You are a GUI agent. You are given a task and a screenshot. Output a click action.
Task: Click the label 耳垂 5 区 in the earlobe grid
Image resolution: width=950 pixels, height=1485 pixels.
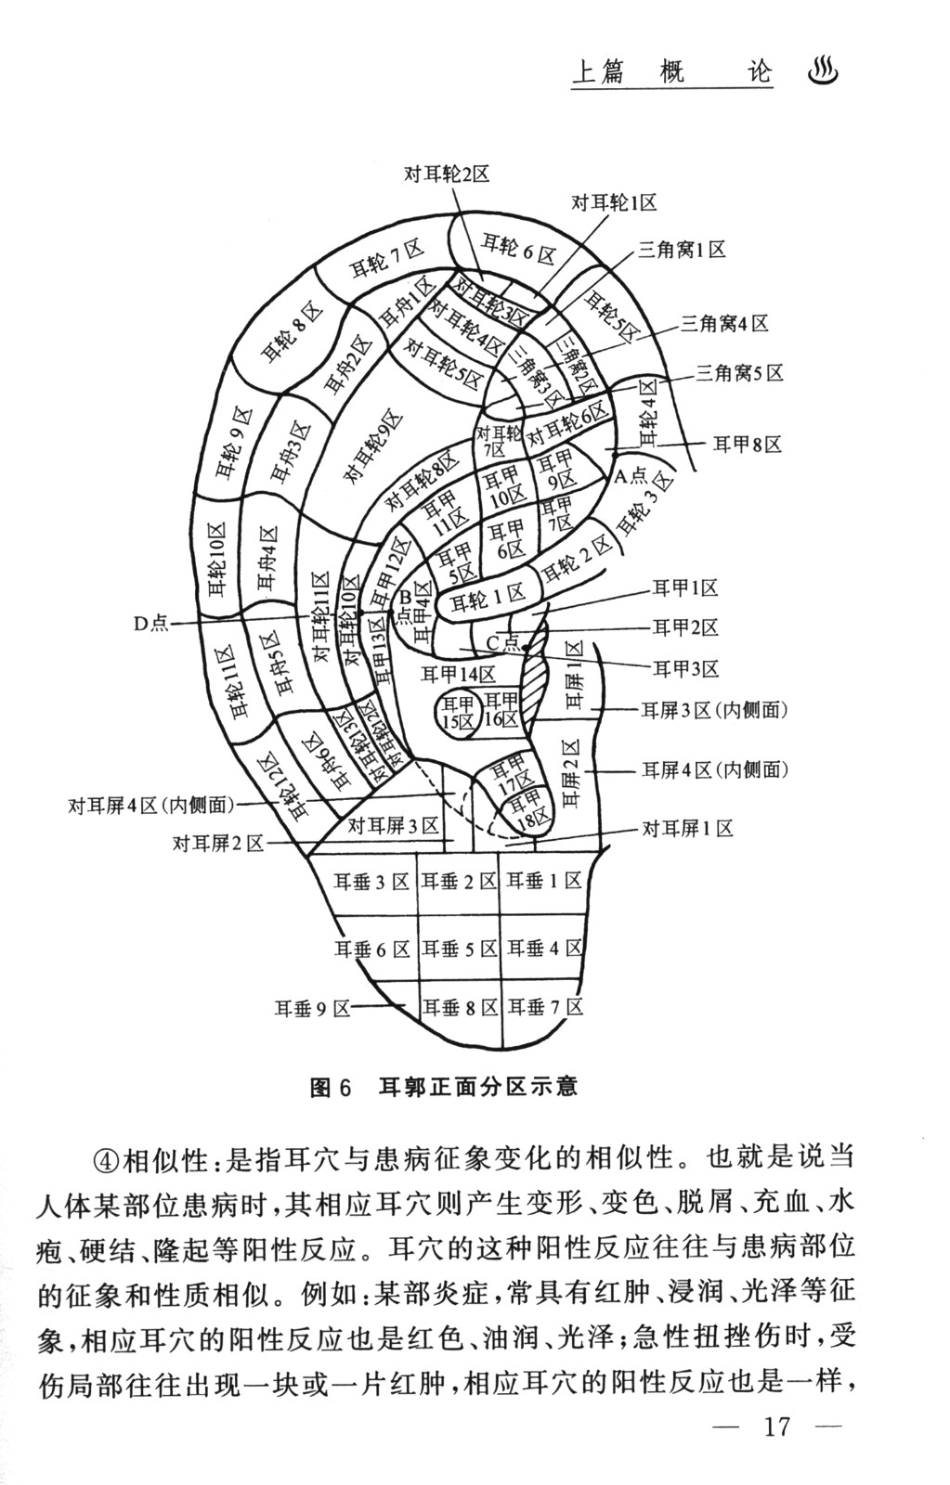click(460, 949)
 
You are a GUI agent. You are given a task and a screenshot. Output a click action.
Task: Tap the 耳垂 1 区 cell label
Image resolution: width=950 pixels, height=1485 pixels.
click(544, 881)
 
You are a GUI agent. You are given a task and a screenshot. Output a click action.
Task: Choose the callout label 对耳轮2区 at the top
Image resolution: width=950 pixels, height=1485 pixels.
click(446, 174)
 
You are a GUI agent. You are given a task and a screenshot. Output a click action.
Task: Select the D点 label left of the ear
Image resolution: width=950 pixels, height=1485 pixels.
click(150, 624)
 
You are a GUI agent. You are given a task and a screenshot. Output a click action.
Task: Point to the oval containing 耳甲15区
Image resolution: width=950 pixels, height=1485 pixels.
click(458, 713)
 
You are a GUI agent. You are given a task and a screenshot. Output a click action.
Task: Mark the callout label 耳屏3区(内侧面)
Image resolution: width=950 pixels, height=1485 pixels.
click(714, 711)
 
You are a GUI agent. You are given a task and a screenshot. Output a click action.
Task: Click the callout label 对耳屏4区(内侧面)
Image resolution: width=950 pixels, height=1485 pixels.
click(151, 806)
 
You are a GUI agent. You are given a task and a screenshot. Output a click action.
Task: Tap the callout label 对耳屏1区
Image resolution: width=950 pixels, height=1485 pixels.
click(688, 828)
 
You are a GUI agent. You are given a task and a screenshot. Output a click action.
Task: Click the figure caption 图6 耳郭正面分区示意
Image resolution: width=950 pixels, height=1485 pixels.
click(444, 1086)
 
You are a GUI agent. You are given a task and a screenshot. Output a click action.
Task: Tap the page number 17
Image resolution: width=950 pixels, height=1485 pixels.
click(775, 1426)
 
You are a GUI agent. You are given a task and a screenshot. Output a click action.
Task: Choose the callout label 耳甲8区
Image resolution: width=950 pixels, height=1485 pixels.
click(747, 445)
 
